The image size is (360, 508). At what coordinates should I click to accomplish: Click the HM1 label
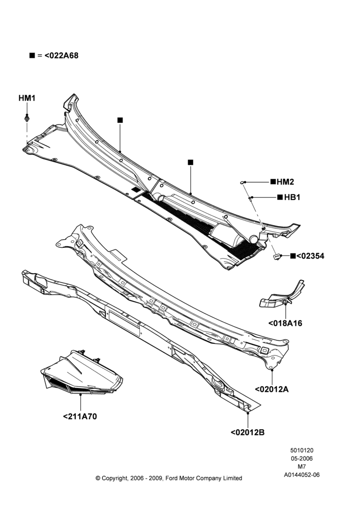click(x=27, y=98)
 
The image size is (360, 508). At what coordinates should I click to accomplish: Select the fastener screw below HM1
click(x=27, y=118)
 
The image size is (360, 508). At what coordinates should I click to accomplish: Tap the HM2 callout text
click(x=285, y=182)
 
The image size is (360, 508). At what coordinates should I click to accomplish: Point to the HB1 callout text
click(x=292, y=197)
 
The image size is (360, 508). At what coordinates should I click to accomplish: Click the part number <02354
click(x=310, y=256)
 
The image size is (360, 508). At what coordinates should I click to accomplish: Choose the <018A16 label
click(x=285, y=323)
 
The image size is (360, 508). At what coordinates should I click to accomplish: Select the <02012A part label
click(x=272, y=390)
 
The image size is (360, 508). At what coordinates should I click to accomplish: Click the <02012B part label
click(x=248, y=432)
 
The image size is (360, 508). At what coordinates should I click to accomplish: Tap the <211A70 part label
click(x=80, y=417)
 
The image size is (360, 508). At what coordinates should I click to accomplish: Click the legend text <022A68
click(x=62, y=56)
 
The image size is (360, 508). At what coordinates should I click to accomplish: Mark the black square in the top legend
click(x=32, y=55)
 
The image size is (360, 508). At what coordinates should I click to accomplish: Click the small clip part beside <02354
click(x=277, y=257)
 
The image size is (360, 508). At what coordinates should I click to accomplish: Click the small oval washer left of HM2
click(x=242, y=183)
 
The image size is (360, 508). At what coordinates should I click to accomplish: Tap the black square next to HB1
click(x=280, y=197)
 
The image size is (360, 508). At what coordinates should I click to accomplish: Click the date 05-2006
click(x=302, y=459)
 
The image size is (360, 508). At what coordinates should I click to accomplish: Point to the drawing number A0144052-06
click(x=302, y=475)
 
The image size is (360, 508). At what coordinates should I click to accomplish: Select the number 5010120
click(x=302, y=450)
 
